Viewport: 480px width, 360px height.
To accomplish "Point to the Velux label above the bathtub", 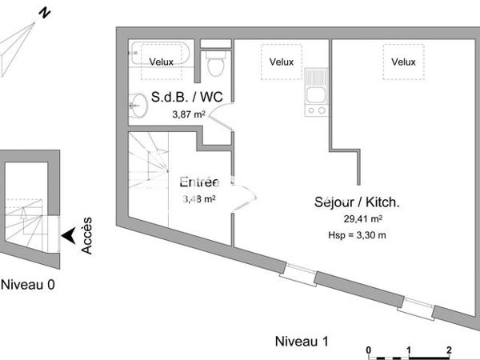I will point(161,62).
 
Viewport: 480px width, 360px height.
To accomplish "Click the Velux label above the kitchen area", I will point(281,62).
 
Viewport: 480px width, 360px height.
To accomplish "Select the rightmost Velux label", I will point(403,62).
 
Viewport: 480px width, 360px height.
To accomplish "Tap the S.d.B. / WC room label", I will point(187,98).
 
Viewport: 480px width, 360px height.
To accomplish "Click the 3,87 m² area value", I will point(189,114).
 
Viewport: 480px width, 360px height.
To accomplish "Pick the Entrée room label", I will point(198,182).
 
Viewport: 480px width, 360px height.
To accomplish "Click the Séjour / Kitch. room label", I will point(357,202).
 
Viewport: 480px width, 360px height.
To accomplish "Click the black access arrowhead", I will point(70,235).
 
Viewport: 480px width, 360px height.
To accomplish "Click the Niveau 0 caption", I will point(28,284).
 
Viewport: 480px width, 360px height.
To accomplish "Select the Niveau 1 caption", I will point(302,342).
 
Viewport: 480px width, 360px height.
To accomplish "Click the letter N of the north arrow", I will point(46,13).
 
